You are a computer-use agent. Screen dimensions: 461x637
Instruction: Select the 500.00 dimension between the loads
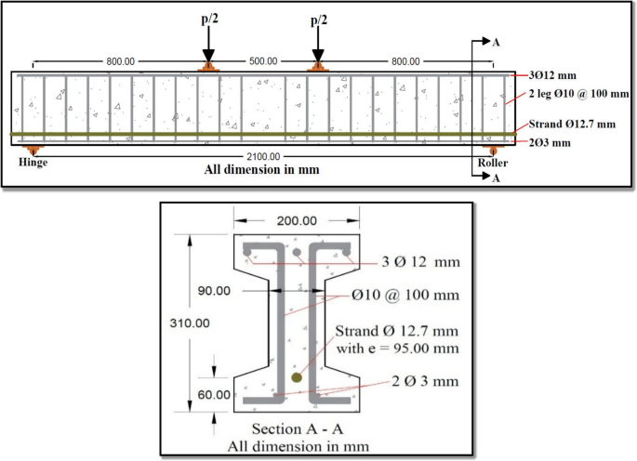[x=263, y=61]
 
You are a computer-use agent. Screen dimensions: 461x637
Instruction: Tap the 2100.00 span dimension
[x=263, y=157]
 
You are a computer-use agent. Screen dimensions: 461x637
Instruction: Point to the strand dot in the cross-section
[x=297, y=377]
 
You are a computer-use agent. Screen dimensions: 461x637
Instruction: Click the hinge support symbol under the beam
[x=33, y=149]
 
